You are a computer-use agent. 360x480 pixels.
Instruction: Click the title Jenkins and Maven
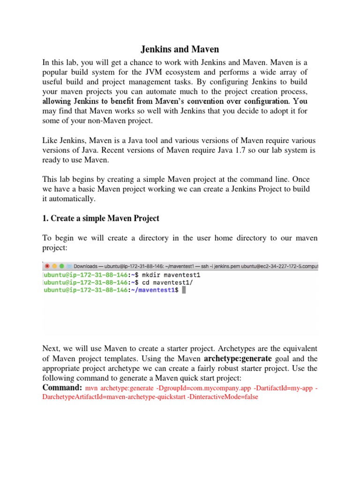pos(180,49)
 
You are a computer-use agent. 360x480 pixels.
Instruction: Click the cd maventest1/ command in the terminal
pos(148,283)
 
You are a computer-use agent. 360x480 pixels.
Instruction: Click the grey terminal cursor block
pos(184,291)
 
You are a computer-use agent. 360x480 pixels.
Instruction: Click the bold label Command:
pos(62,388)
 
